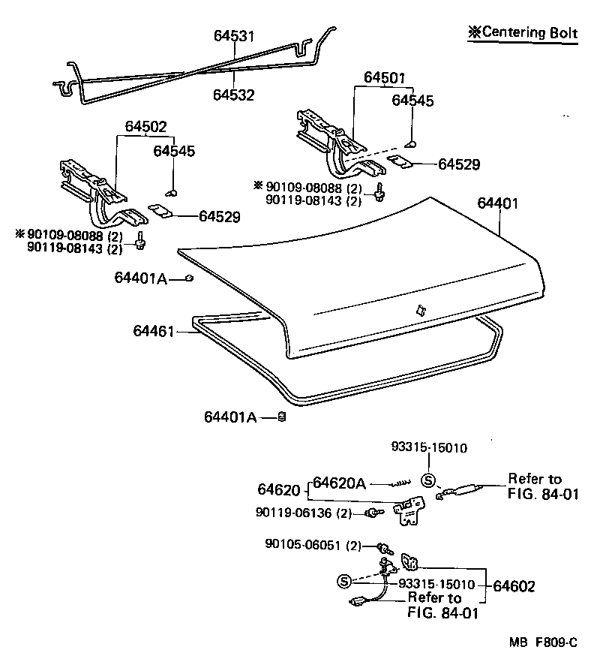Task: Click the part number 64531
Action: point(234,36)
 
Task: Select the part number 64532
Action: point(233,95)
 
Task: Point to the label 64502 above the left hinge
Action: point(145,128)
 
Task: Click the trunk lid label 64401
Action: point(497,203)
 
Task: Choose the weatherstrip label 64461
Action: point(154,330)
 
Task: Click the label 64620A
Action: point(340,483)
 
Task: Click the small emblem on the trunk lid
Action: point(418,309)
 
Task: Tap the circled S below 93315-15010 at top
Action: point(428,481)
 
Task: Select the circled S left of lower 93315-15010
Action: point(344,581)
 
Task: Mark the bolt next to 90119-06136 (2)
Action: point(370,513)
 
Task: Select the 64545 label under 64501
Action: point(412,101)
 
